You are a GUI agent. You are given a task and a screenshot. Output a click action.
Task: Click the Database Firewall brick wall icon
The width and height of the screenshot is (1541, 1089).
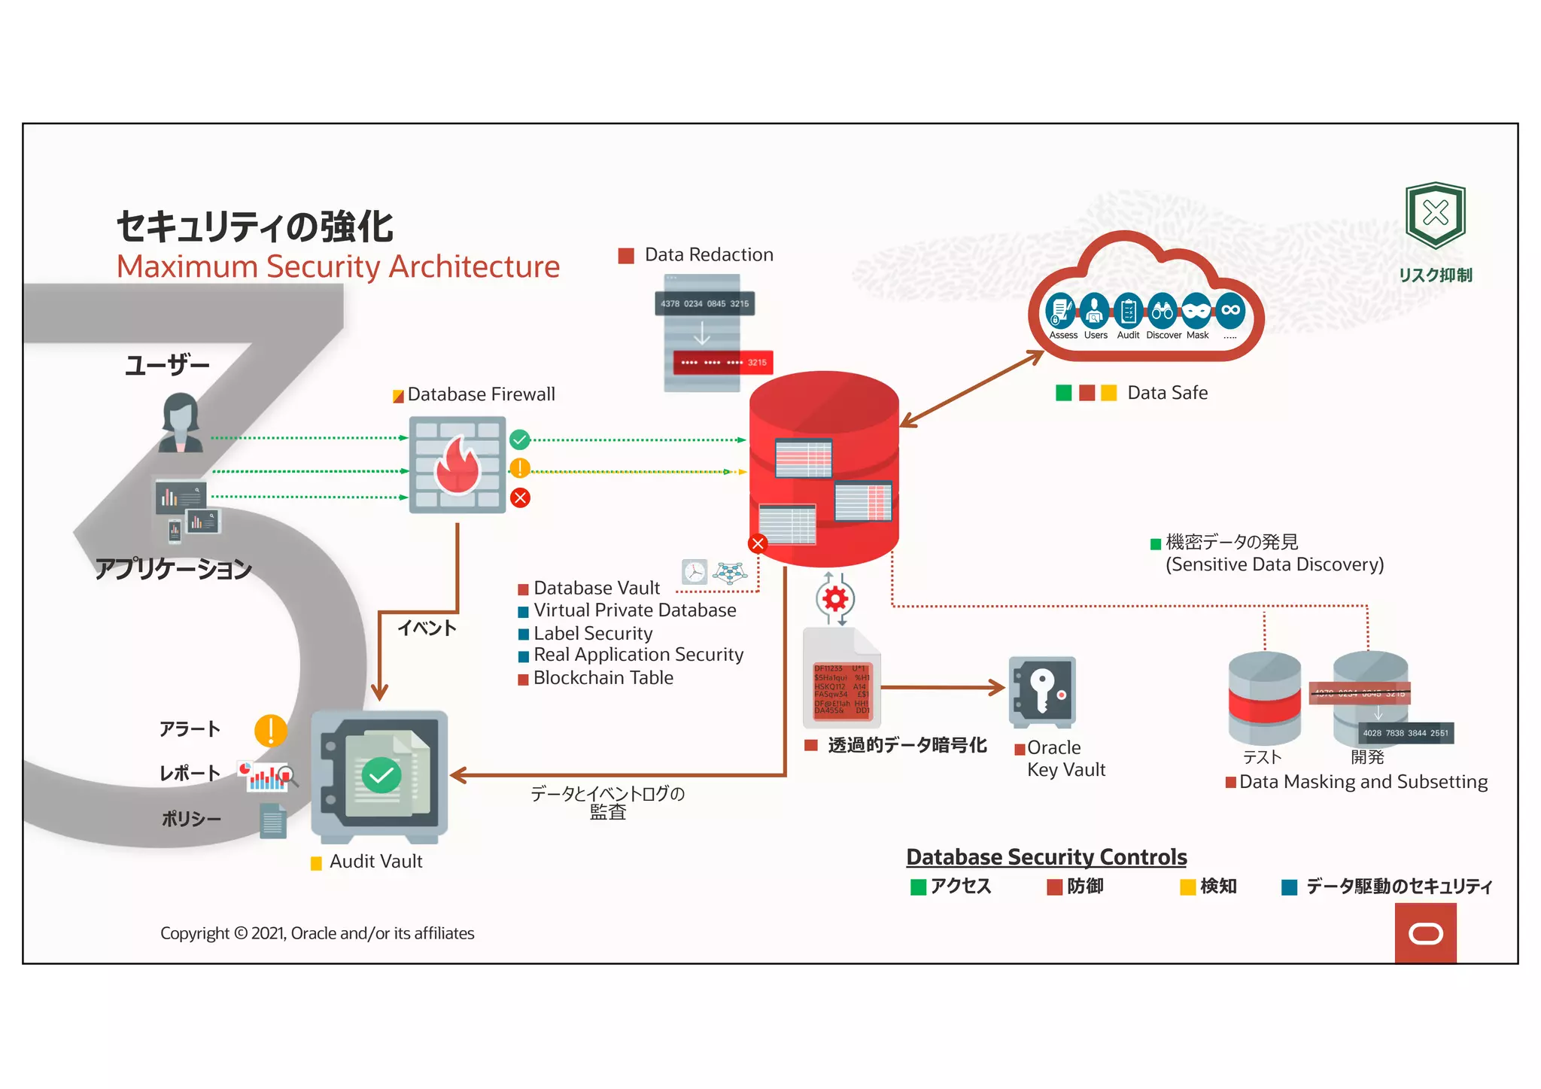pyautogui.click(x=457, y=464)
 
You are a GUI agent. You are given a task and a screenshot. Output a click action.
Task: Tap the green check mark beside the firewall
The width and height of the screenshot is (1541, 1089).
pyautogui.click(x=519, y=440)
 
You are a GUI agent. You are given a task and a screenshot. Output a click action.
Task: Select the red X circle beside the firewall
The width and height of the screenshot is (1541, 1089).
pyautogui.click(x=520, y=497)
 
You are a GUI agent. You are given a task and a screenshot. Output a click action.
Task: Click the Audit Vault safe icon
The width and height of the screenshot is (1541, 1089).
pyautogui.click(x=380, y=776)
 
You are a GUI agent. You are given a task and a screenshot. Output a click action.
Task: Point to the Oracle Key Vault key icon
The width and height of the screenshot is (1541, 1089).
pyautogui.click(x=1042, y=692)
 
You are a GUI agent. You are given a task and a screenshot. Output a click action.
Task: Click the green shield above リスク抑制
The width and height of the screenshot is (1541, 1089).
pyautogui.click(x=1435, y=214)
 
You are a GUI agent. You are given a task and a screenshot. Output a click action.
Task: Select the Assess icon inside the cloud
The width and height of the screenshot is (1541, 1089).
pyautogui.click(x=1060, y=310)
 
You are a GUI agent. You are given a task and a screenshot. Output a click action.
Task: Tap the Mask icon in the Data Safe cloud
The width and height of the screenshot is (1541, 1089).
pyautogui.click(x=1196, y=310)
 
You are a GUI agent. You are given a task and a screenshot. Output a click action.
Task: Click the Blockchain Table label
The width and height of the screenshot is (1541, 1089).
pyautogui.click(x=603, y=678)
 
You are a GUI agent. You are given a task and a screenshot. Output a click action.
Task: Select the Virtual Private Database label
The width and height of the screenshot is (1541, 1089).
pyautogui.click(x=634, y=610)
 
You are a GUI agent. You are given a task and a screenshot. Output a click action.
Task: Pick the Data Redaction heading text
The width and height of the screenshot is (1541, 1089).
pyautogui.click(x=708, y=255)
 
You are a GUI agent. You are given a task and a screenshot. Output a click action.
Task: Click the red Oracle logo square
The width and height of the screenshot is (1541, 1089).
pyautogui.click(x=1425, y=933)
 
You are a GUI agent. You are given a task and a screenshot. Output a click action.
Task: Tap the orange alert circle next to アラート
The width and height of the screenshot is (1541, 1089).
pyautogui.click(x=270, y=730)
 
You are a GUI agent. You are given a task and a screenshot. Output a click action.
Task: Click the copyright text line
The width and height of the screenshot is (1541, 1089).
pyautogui.click(x=317, y=933)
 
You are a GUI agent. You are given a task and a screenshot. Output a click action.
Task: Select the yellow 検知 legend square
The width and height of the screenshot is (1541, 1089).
pyautogui.click(x=1187, y=887)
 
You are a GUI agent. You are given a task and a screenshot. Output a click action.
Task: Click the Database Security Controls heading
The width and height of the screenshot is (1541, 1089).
pyautogui.click(x=1046, y=857)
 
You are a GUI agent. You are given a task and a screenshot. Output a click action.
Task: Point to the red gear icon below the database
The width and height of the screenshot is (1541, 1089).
pyautogui.click(x=834, y=599)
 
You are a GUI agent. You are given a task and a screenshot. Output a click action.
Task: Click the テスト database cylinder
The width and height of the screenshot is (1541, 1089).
pyautogui.click(x=1264, y=698)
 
